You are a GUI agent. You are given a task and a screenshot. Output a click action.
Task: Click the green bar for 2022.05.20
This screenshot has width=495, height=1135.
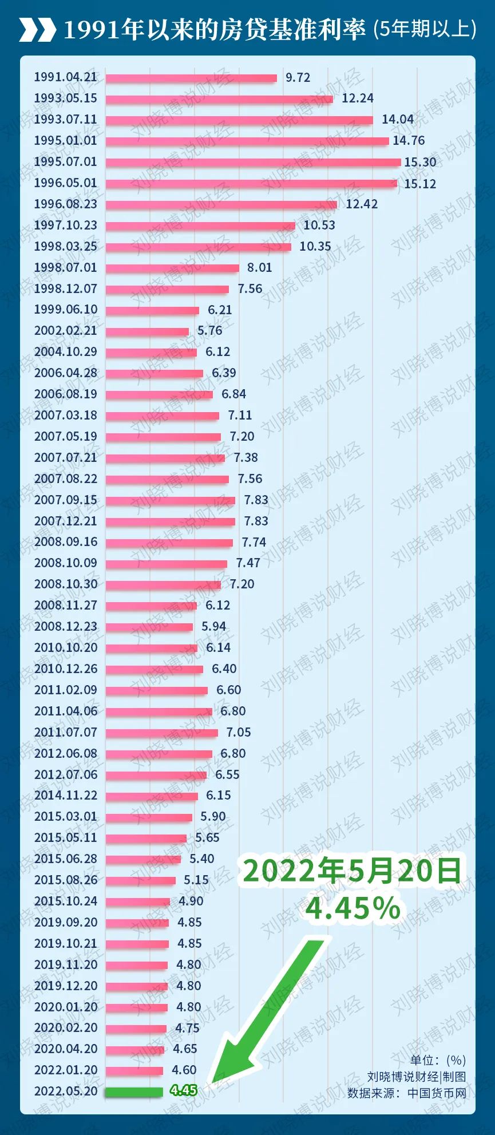point(134,1092)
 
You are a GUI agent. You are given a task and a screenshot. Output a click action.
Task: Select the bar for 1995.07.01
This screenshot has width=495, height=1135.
point(253,162)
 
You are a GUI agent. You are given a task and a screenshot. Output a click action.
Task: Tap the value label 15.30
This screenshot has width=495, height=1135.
point(420,162)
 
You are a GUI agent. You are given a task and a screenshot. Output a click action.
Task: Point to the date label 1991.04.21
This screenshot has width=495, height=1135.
point(65,77)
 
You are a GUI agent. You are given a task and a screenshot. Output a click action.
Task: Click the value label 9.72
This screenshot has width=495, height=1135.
point(298,77)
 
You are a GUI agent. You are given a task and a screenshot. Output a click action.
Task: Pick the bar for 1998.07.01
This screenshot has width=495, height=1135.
point(172,268)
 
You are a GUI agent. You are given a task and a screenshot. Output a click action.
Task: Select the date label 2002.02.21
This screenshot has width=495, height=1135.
point(65,331)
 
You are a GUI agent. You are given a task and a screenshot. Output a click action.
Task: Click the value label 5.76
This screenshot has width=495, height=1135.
point(210,331)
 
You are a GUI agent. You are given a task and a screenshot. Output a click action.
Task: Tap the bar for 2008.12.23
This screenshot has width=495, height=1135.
point(149,627)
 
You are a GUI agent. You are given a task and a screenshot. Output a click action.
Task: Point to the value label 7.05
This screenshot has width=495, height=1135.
point(239,733)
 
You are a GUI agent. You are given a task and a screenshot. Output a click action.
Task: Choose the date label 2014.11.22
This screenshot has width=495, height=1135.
point(65,796)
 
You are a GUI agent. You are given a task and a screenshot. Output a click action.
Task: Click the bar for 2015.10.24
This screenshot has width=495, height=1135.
point(138,901)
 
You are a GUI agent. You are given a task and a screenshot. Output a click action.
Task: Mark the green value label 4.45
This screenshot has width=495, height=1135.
point(184,1091)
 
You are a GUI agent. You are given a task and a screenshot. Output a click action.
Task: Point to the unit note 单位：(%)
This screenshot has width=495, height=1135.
point(438,1060)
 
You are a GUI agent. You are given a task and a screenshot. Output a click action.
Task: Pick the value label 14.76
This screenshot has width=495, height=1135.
point(409,141)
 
